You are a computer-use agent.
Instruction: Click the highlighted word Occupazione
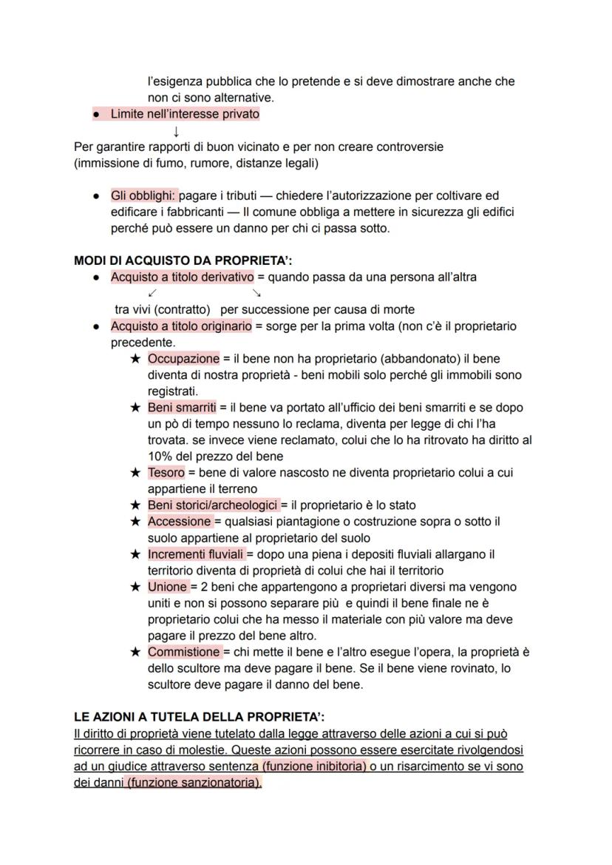pyautogui.click(x=183, y=359)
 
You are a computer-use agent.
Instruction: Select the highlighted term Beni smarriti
pyautogui.click(x=182, y=407)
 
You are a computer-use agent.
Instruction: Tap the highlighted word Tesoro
pyautogui.click(x=166, y=472)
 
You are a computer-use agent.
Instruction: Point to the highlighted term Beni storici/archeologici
pyautogui.click(x=214, y=505)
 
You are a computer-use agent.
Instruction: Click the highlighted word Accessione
pyautogui.click(x=180, y=522)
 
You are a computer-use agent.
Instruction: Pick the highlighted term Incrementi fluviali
pyautogui.click(x=196, y=554)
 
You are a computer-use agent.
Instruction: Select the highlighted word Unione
pyautogui.click(x=168, y=587)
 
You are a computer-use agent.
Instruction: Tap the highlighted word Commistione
pyautogui.click(x=183, y=652)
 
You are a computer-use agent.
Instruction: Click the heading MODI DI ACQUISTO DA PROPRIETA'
pyautogui.click(x=183, y=260)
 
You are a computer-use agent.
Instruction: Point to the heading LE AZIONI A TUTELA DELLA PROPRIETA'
pyautogui.click(x=200, y=717)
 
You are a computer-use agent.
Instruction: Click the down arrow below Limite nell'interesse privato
pyautogui.click(x=176, y=131)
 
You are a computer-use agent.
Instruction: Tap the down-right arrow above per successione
pyautogui.click(x=256, y=293)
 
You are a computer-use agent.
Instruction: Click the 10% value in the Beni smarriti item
pyautogui.click(x=160, y=457)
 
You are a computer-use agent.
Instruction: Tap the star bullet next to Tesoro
pyautogui.click(x=135, y=473)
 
